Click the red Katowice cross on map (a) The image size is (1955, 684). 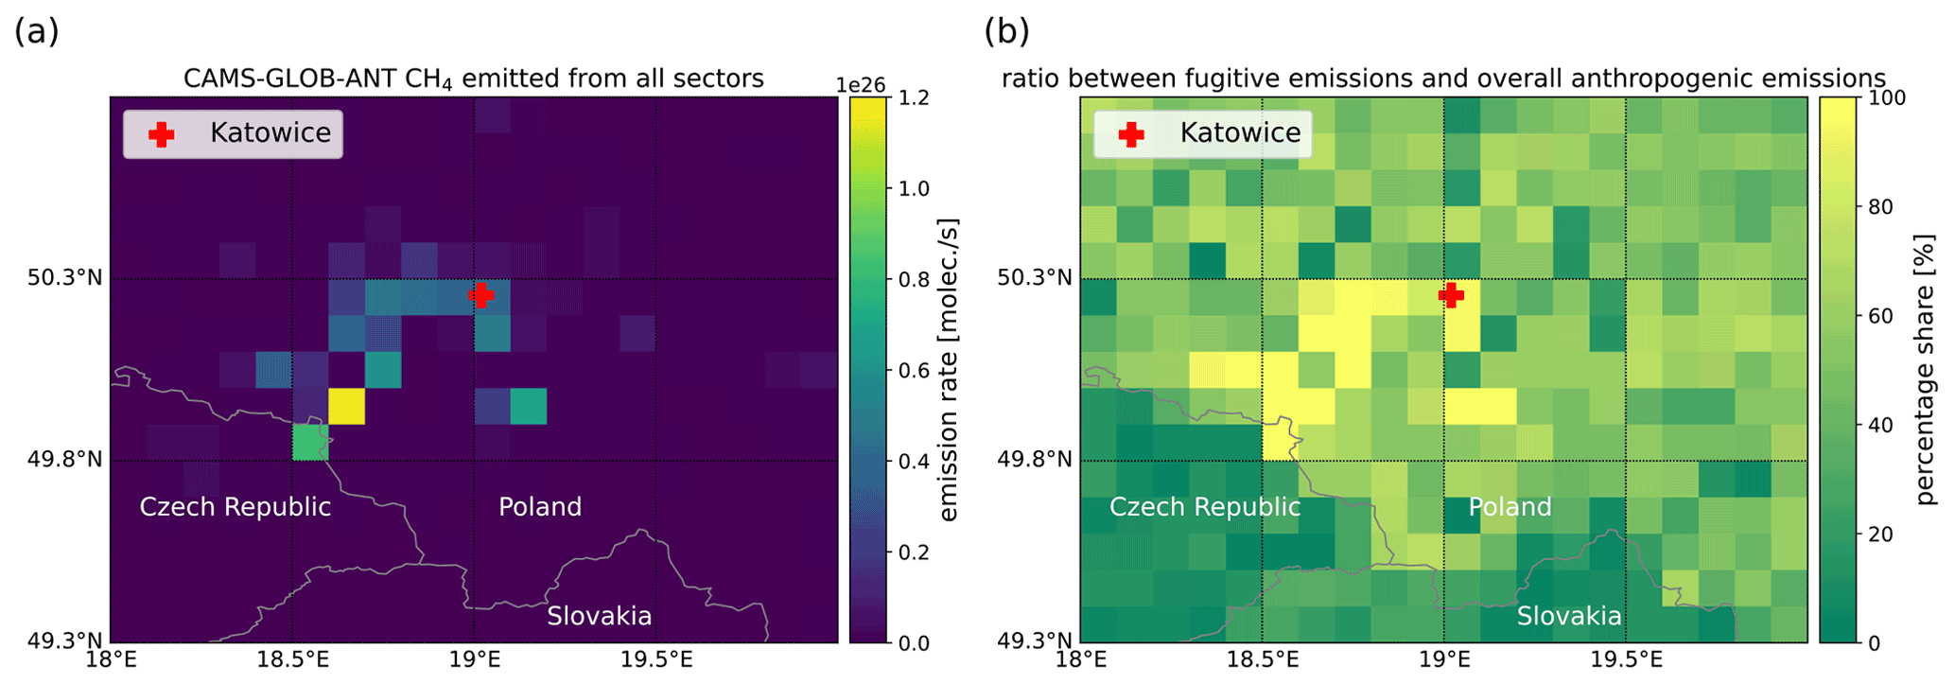coord(480,295)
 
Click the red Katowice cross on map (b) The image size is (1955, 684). coord(1451,295)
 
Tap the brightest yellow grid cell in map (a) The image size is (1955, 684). coord(346,407)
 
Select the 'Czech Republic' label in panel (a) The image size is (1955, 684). coord(235,507)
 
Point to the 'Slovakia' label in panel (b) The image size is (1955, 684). coord(1569,617)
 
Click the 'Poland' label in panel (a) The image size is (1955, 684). coord(540,507)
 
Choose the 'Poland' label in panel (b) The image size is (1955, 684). coord(1510,507)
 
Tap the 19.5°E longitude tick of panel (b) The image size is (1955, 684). coord(1625,659)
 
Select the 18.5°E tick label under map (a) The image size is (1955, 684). coord(292,659)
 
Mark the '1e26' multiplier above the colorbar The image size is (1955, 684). coord(860,85)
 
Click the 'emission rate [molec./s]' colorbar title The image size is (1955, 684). coord(949,370)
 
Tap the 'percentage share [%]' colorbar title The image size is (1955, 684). coord(1926,370)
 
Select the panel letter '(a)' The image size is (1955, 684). coord(37,31)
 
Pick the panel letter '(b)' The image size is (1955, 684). coord(1006,31)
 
